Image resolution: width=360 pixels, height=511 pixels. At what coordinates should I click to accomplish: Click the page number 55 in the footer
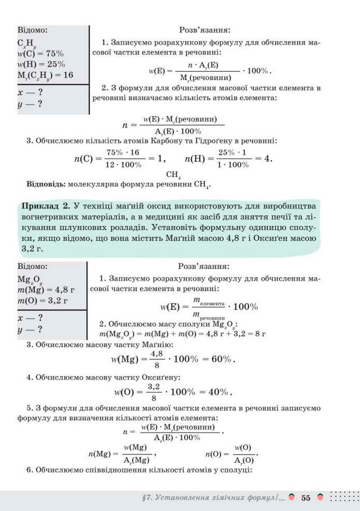coord(306,498)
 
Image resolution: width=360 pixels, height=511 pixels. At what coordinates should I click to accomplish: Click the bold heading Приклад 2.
coord(45,206)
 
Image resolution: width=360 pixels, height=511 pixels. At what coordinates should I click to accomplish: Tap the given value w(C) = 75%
coord(40,53)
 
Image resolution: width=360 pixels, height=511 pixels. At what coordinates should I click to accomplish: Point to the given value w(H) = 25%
coord(41,64)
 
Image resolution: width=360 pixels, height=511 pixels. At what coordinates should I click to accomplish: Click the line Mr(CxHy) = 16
coord(45,75)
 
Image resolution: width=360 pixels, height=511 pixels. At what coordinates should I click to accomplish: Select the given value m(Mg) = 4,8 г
coord(46,289)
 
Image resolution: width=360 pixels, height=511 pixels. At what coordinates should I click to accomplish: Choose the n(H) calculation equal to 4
coord(228,159)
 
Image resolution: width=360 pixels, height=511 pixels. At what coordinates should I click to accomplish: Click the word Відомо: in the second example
coord(32,266)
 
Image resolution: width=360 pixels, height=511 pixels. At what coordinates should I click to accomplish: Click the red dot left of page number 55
coord(292,498)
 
